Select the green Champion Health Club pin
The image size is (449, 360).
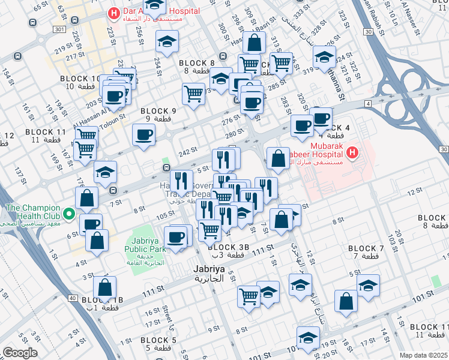click(69, 213)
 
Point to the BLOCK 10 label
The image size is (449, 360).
click(80, 79)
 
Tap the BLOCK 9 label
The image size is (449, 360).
click(158, 111)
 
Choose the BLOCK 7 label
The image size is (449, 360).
click(366, 248)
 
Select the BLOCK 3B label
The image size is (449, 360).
click(228, 247)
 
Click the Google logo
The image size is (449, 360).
click(20, 352)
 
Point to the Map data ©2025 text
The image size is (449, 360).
click(424, 355)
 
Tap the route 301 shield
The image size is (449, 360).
click(58, 29)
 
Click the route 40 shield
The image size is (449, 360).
click(73, 298)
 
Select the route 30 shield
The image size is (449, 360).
click(443, 149)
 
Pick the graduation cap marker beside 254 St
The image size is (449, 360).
click(167, 41)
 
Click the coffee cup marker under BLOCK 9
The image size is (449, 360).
click(143, 135)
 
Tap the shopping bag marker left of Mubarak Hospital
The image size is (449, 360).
click(278, 159)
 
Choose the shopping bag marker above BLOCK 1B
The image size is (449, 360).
click(105, 288)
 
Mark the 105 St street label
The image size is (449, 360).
click(162, 215)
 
